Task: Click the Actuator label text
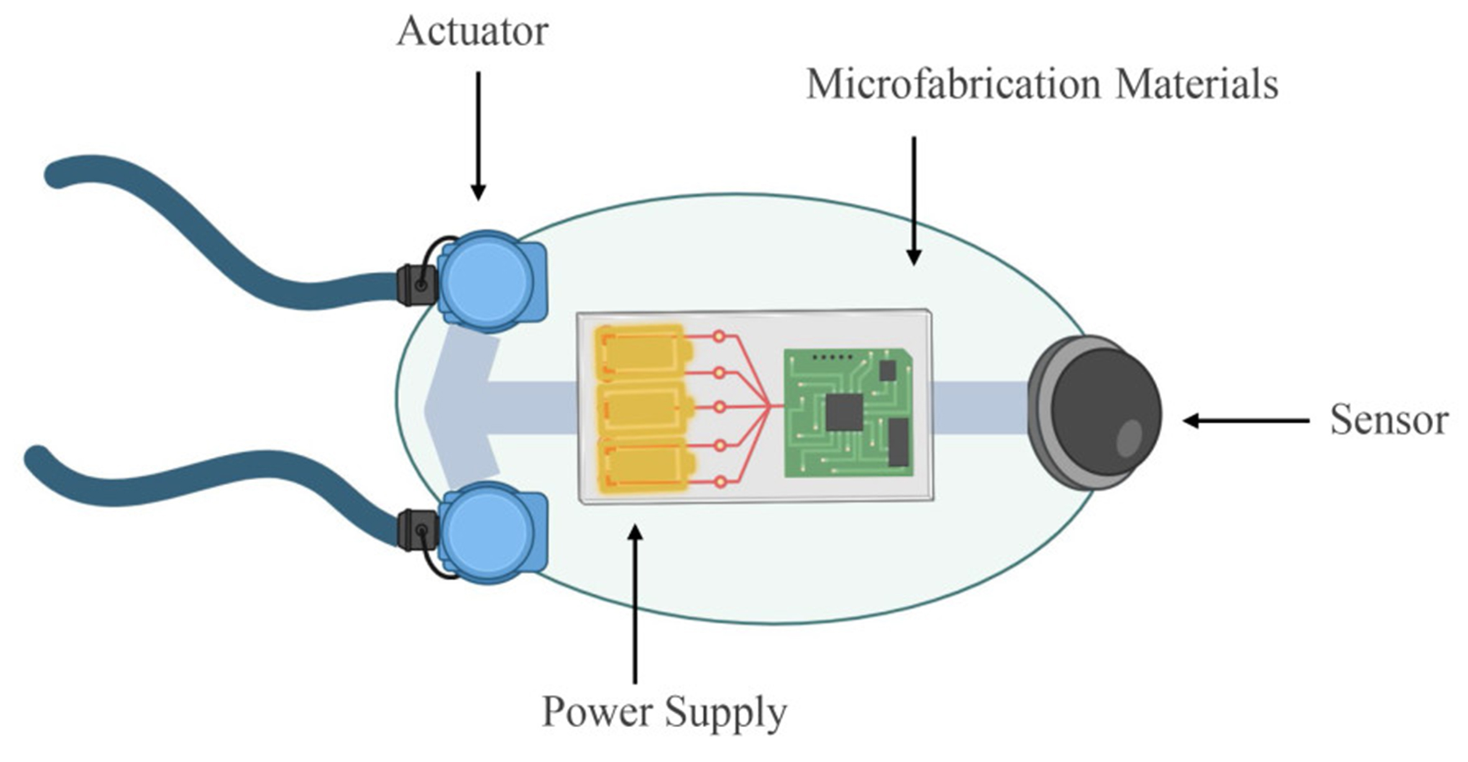pyautogui.click(x=472, y=31)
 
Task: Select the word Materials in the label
pyautogui.click(x=1196, y=85)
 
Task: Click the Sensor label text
pyautogui.click(x=1389, y=420)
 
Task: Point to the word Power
pyautogui.click(x=597, y=712)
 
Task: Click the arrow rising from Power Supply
pyautogui.click(x=635, y=603)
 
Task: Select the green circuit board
pyautogui.click(x=848, y=413)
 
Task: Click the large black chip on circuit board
pyautogui.click(x=844, y=412)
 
